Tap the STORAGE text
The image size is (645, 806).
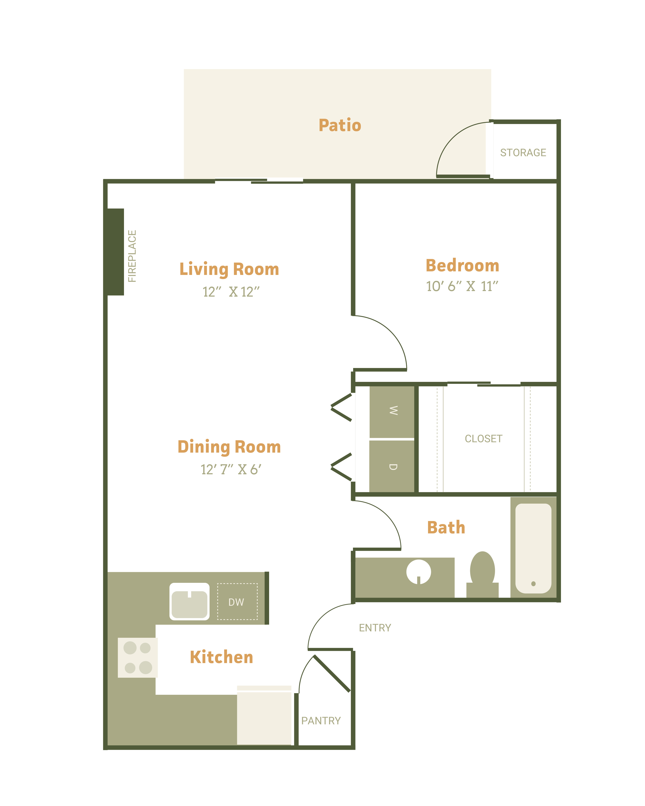523,153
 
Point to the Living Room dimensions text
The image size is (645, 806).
231,292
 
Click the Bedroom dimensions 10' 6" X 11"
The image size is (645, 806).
462,286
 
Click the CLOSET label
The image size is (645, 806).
483,438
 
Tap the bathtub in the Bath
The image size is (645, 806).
533,548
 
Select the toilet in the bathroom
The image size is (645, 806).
482,575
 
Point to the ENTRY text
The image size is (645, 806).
375,628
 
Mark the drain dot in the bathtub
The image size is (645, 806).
533,584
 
